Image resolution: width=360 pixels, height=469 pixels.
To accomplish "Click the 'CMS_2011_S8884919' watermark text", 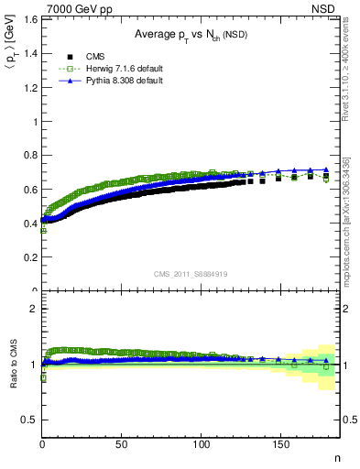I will pyautogui.click(x=191, y=272).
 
